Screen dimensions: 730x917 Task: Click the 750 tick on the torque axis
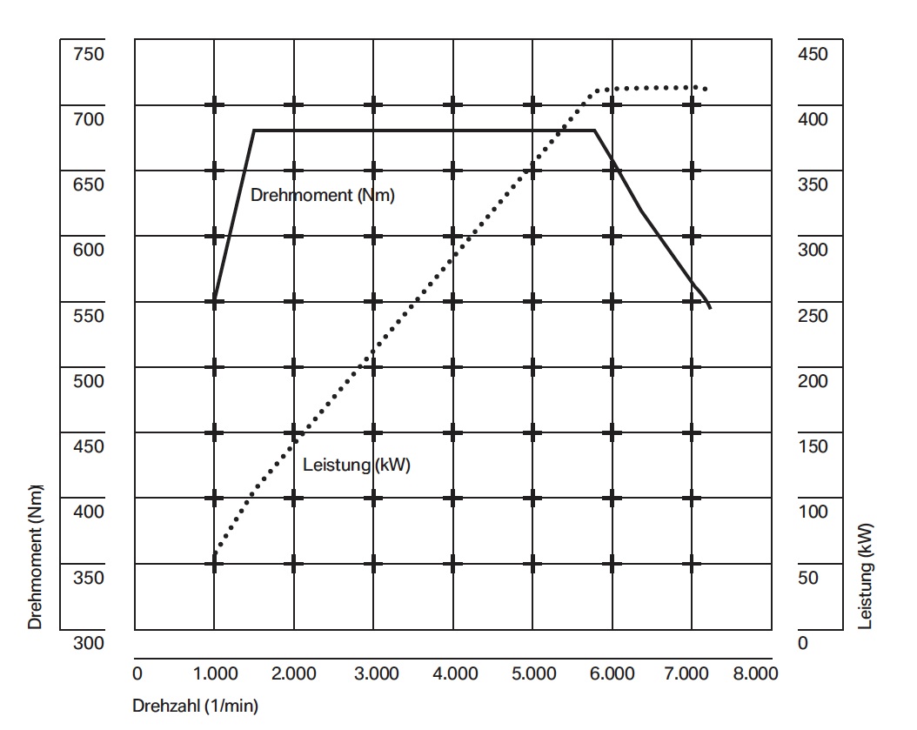point(88,54)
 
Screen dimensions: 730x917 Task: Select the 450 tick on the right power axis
point(813,54)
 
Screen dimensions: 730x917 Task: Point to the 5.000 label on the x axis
point(532,673)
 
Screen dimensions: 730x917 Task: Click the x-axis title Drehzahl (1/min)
point(196,705)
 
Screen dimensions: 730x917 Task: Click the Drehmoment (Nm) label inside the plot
point(322,195)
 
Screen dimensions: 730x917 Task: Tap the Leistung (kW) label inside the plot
point(357,465)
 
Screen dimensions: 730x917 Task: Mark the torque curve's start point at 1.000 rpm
point(214,301)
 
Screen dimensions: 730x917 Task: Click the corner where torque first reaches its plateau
point(253,131)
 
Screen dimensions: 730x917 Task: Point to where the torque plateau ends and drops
point(594,131)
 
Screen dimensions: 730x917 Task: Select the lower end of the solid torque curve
point(711,308)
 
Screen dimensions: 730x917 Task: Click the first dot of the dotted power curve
point(215,552)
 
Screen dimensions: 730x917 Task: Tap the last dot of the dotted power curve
point(706,89)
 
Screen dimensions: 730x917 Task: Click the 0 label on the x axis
point(137,673)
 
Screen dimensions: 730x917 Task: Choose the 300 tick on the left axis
point(88,642)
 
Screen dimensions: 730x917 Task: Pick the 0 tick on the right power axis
point(802,642)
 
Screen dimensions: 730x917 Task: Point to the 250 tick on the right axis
point(813,315)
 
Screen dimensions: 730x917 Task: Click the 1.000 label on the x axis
point(214,673)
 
